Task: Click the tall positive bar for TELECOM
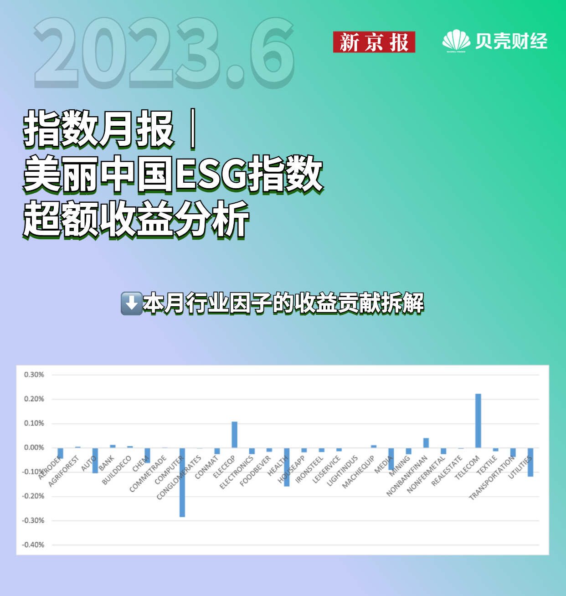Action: coord(478,421)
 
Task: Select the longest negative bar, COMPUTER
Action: coord(182,483)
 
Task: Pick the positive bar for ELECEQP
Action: coord(235,434)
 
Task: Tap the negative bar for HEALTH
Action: coord(287,467)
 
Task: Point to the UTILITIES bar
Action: coord(530,462)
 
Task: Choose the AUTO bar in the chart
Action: coord(95,461)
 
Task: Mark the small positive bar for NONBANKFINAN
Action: coord(426,443)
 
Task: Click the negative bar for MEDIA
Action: coord(391,459)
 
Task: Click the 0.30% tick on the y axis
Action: coord(34,375)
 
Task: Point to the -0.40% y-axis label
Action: coord(33,545)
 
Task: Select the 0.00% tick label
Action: coord(34,447)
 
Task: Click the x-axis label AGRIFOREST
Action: coord(63,471)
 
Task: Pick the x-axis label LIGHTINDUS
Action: coord(342,471)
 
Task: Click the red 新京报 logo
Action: coord(374,42)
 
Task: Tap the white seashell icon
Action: coord(456,40)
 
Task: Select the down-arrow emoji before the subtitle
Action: coord(132,303)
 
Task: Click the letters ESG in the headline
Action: coord(211,175)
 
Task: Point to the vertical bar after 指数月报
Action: coord(193,129)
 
